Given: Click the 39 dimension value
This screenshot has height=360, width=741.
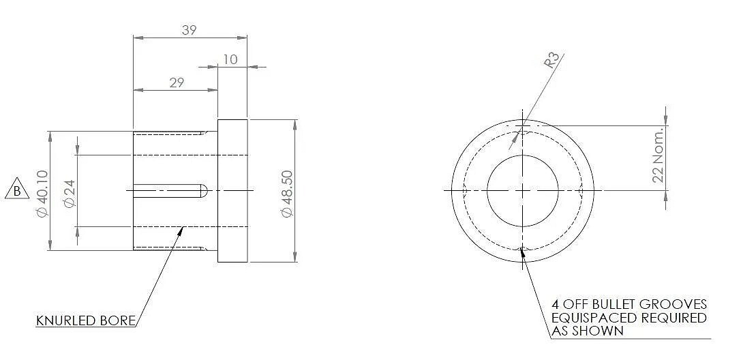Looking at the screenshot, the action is pos(189,30).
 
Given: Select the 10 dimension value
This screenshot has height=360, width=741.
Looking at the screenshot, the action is pos(230,59).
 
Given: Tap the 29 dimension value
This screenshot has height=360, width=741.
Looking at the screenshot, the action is pos(177,82).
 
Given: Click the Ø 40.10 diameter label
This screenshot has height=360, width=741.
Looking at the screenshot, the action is pos(42,194).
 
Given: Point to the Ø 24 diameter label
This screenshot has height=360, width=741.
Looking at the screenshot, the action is pos(70,193).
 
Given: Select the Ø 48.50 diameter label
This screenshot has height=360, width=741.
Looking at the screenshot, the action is pos(287,194).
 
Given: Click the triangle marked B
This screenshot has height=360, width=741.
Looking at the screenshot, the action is pos(17,189).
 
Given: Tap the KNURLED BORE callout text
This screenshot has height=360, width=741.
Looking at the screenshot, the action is pos(86,320).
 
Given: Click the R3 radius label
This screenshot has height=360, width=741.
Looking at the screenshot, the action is pos(552,61).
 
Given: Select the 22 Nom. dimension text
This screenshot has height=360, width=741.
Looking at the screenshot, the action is pos(658,154).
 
